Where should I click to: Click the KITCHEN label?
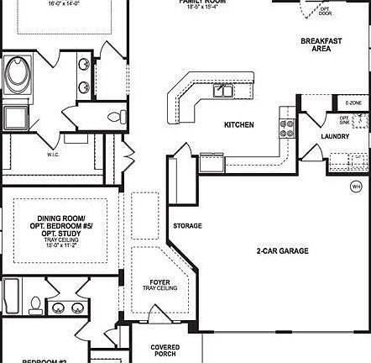tap(238, 125)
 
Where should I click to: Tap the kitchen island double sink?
tap(223, 91)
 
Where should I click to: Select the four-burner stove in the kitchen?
tap(287, 128)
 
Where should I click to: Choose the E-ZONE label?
tap(353, 103)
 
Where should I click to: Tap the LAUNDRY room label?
tap(334, 136)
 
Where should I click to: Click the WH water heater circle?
tap(356, 186)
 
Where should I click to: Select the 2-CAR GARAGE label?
tap(282, 250)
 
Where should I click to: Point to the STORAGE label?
tap(187, 226)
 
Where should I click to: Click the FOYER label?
tap(159, 282)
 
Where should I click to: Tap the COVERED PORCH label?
tap(165, 350)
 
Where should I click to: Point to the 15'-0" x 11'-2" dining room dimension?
tap(59, 245)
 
